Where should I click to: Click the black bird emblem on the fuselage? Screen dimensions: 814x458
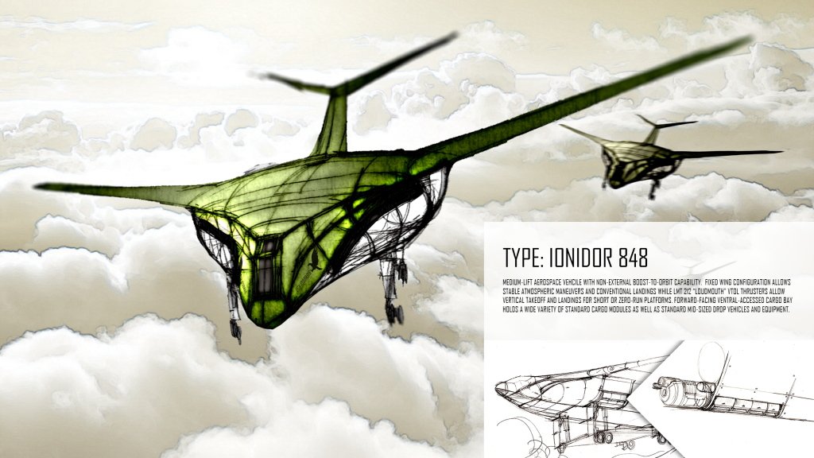[x=313, y=260]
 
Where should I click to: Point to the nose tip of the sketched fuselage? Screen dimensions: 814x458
[x=498, y=387]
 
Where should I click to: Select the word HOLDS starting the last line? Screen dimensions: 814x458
[x=510, y=309]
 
